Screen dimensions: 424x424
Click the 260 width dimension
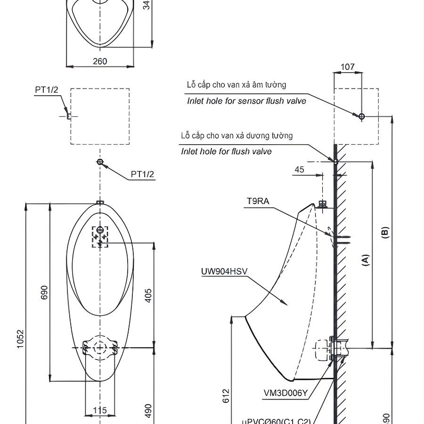(100, 61)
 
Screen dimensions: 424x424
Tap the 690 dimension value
(44, 293)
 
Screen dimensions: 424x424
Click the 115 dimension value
(100, 410)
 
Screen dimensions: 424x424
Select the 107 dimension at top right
(347, 67)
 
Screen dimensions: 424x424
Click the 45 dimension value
(300, 170)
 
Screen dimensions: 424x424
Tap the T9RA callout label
(258, 201)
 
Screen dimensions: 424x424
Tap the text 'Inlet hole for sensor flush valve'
(246, 101)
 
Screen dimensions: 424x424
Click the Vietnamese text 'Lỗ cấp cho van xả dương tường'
(237, 136)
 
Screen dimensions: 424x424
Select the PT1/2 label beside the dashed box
(47, 90)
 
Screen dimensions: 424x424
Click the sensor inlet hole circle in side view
(361, 116)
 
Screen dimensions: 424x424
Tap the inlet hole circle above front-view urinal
(100, 162)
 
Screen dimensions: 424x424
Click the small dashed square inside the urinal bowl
(100, 236)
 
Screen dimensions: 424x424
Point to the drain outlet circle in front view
(100, 348)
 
